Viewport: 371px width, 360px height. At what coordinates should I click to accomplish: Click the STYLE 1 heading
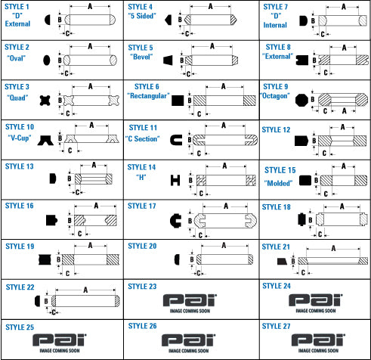pos(17,7)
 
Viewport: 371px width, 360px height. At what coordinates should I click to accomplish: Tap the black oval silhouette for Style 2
pos(47,60)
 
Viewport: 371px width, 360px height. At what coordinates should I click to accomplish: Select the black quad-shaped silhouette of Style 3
pos(45,101)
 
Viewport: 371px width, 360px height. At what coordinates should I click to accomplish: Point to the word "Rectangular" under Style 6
pos(148,96)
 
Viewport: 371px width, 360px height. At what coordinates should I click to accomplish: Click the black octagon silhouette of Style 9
pos(301,101)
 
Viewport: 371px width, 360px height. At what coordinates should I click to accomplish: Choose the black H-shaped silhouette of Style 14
pos(175,181)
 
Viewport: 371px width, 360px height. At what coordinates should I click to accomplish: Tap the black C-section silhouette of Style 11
pos(176,140)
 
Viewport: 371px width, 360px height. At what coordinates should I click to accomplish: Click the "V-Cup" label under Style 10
pos(20,138)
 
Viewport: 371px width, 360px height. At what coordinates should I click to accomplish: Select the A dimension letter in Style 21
pos(333,248)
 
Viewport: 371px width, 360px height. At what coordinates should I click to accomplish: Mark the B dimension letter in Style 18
pos(311,220)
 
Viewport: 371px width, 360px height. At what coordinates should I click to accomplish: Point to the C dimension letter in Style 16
pos(79,234)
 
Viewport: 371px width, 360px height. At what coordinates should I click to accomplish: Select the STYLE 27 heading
pos(276,326)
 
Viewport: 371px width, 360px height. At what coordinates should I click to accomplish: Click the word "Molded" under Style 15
pos(278,183)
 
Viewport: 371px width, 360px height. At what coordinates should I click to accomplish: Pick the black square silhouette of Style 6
pos(178,101)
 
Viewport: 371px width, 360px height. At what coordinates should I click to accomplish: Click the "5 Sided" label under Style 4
pos(142,16)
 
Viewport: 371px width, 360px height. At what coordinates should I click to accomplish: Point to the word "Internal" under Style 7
pos(275,25)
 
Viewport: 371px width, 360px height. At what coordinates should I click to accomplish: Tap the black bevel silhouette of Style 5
pos(168,61)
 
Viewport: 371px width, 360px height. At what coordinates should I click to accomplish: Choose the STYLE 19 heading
pos(20,247)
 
